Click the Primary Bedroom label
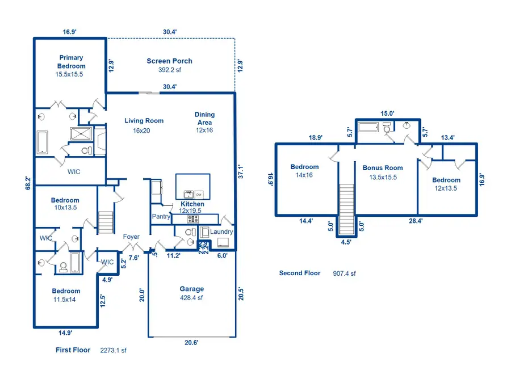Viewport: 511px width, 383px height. [x=71, y=62]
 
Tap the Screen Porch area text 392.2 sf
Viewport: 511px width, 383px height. [x=169, y=71]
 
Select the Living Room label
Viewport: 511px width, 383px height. [x=144, y=120]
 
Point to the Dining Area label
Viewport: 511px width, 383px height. [x=204, y=118]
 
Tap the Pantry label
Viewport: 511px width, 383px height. [x=161, y=217]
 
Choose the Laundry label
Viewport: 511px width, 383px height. [x=221, y=232]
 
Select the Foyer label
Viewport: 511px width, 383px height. [x=132, y=237]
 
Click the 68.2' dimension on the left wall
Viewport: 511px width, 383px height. [x=28, y=182]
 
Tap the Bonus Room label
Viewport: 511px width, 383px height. [x=383, y=168]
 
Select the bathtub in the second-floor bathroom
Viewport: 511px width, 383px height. [x=370, y=127]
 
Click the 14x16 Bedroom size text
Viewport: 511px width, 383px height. [x=304, y=175]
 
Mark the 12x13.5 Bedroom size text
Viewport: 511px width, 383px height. [x=446, y=188]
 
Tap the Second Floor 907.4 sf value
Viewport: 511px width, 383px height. [x=344, y=273]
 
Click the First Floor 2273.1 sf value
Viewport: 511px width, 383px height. [x=113, y=351]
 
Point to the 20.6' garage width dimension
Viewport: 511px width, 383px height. [x=191, y=342]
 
